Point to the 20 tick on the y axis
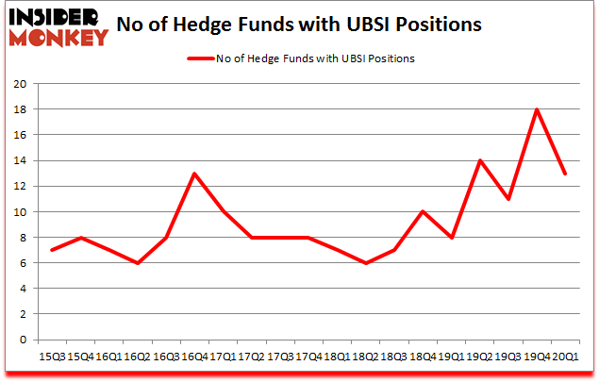18,83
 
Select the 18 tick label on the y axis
18,109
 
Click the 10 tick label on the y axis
18,212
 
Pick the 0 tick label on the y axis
21,340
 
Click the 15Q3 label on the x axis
53,357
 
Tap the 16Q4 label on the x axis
193,357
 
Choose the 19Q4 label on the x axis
538,357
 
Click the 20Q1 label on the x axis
565,357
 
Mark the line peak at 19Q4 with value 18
537,109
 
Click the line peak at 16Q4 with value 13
194,174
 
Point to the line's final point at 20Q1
565,174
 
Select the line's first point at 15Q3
52,250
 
